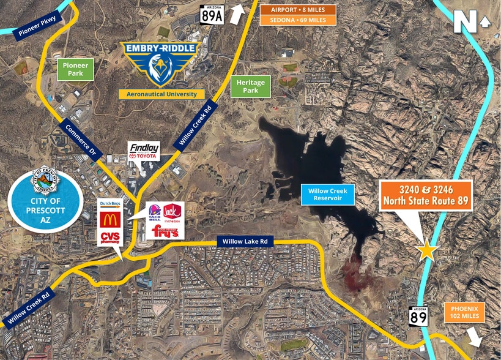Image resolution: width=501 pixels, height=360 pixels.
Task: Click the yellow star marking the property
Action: point(426,250)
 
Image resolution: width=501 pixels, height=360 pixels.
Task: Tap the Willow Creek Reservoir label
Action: point(327,195)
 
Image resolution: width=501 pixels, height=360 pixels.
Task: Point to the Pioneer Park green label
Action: point(76,69)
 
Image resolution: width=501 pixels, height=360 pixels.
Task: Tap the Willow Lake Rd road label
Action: point(245,242)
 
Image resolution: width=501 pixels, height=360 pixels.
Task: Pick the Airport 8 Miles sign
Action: point(298,10)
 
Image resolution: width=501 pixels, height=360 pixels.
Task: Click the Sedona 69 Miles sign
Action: point(298,20)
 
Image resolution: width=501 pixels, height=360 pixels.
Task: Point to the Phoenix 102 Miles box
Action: point(466,312)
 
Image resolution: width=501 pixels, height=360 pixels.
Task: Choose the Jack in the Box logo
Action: point(174,211)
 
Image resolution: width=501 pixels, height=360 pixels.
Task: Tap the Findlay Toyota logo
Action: point(143,151)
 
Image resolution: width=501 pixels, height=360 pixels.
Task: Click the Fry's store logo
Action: point(165,231)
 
